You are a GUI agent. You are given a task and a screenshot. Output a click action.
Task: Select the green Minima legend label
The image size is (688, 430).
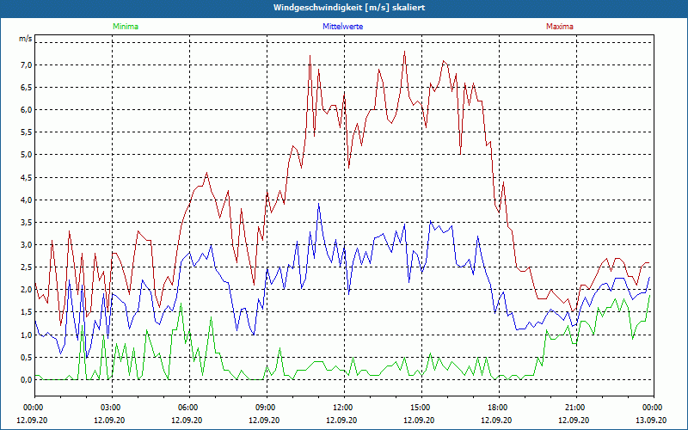[125, 27]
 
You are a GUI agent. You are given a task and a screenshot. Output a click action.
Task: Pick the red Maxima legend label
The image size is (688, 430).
[560, 27]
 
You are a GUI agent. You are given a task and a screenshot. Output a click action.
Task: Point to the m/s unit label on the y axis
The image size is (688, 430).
[26, 40]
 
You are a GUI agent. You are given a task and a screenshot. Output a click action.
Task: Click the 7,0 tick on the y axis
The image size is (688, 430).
[26, 64]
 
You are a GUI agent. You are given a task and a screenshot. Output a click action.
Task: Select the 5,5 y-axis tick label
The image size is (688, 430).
[26, 132]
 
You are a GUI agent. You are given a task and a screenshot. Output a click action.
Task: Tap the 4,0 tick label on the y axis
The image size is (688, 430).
[26, 200]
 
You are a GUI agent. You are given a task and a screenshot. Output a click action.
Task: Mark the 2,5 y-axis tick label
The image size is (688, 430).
[26, 267]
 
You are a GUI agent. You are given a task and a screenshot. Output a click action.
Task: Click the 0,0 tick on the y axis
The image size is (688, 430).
[26, 379]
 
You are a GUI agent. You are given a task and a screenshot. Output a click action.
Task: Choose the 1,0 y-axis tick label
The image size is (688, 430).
[26, 335]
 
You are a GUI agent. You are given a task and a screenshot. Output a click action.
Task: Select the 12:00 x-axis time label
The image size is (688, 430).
[343, 407]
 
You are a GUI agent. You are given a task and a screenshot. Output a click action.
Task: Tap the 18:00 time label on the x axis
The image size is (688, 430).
[498, 407]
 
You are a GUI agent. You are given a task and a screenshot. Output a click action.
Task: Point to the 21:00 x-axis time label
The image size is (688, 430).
[575, 407]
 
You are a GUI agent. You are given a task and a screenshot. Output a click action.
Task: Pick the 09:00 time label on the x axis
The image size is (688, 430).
[266, 407]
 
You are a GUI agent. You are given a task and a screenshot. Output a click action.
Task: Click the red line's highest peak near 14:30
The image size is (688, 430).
[404, 52]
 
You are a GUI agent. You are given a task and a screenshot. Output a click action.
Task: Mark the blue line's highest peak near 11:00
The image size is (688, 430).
[319, 204]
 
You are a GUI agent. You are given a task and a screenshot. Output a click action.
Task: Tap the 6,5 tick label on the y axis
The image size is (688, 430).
[26, 87]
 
